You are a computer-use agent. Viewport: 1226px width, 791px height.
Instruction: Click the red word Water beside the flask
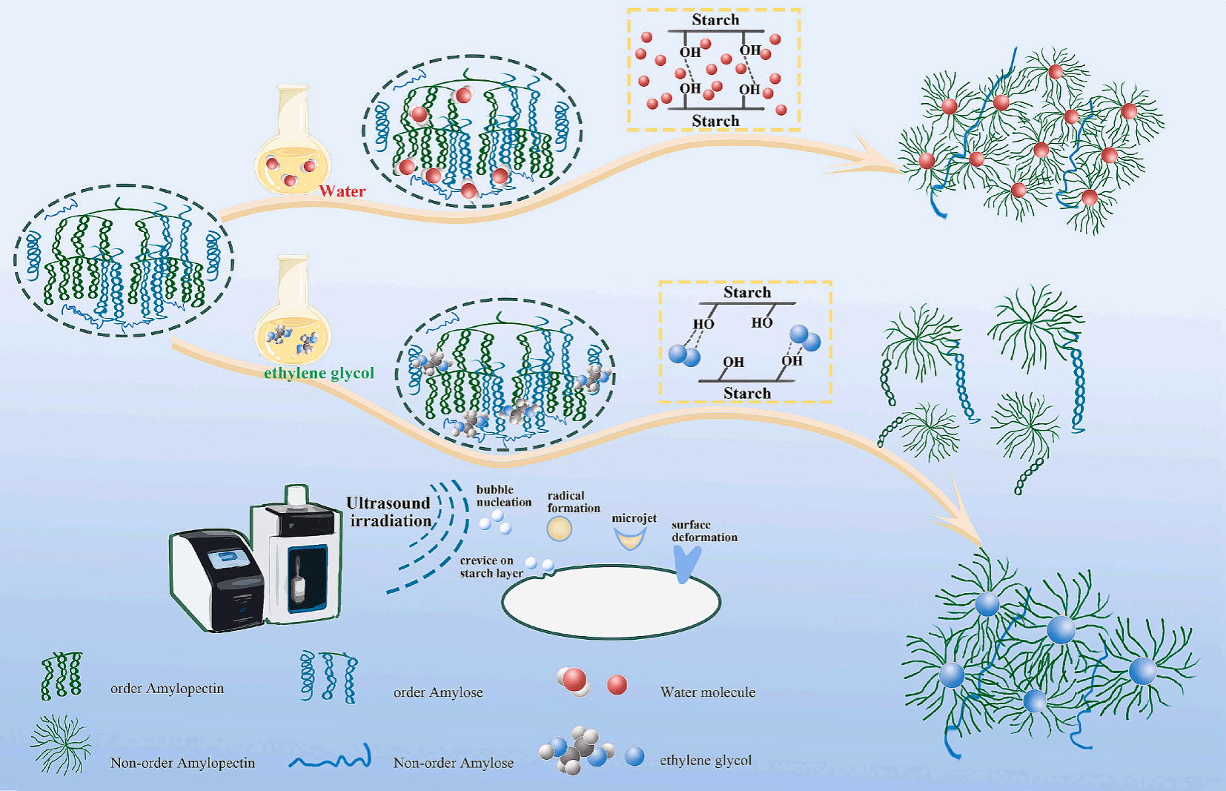tap(342, 191)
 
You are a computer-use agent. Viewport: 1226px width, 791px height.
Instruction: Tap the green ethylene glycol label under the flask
tap(319, 373)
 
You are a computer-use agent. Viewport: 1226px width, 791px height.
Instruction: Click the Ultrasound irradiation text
tap(389, 512)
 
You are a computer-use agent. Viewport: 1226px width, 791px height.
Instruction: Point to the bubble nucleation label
tap(504, 496)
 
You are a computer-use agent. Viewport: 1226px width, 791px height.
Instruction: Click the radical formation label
tap(573, 502)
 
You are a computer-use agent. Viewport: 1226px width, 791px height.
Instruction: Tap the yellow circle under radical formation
tap(560, 529)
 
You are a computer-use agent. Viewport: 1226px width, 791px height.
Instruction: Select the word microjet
tap(634, 518)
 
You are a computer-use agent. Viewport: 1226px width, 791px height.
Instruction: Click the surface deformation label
tap(704, 531)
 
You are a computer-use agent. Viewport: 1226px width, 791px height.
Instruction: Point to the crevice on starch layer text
tap(491, 567)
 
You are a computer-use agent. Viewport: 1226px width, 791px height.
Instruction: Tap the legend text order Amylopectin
tap(167, 689)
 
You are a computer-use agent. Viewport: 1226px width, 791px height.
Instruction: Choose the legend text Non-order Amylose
tap(453, 763)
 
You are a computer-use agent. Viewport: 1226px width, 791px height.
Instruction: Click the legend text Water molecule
tap(708, 692)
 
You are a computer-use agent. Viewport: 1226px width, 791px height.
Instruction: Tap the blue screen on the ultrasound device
tap(228, 557)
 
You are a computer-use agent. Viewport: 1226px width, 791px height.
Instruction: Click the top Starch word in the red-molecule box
tap(715, 20)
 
